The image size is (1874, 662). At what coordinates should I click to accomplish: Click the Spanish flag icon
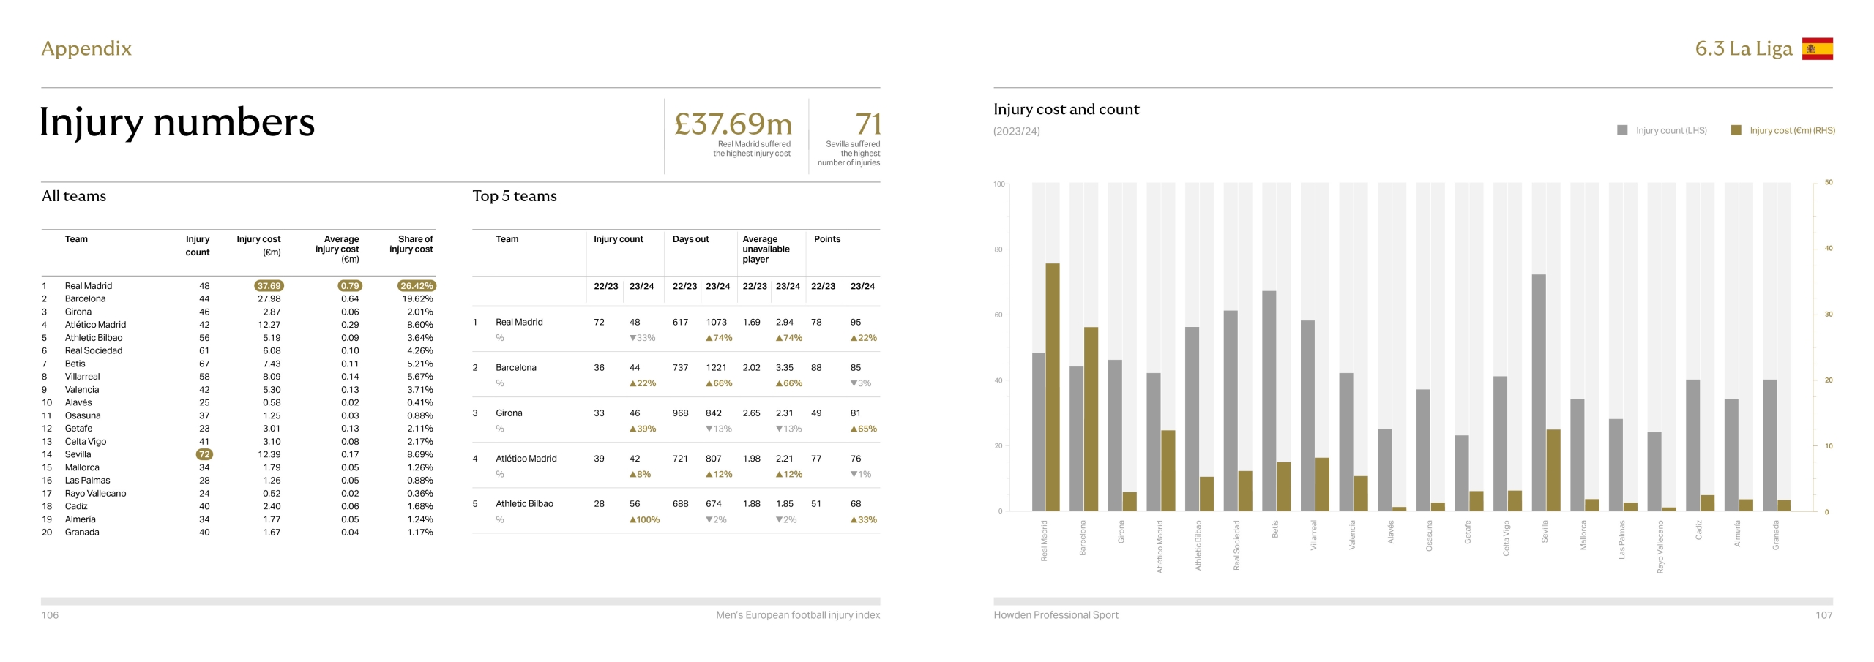click(x=1817, y=49)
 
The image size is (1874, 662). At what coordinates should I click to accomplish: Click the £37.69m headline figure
click(x=733, y=124)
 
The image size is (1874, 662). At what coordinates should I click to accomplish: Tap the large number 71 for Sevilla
click(x=867, y=124)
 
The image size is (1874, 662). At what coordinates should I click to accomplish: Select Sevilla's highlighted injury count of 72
click(x=204, y=454)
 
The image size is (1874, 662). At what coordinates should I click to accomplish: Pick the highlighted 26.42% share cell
click(x=417, y=286)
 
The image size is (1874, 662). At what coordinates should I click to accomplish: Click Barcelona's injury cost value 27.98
click(x=269, y=298)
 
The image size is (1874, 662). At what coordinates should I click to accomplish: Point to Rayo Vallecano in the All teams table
click(x=95, y=493)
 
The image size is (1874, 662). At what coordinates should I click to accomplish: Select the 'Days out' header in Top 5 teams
click(x=690, y=239)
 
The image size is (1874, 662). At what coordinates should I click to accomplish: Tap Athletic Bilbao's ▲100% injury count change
click(x=644, y=520)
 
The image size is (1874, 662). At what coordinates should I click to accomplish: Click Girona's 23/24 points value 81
click(x=856, y=413)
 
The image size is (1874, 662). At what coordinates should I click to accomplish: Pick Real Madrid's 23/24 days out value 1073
click(x=716, y=322)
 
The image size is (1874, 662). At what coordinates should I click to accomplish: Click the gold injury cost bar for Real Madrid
click(x=1053, y=387)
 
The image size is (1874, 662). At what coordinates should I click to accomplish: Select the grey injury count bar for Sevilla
click(x=1539, y=392)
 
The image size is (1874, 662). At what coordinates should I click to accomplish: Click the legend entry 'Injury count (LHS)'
click(x=1670, y=131)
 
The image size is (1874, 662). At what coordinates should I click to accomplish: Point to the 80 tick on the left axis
click(x=998, y=249)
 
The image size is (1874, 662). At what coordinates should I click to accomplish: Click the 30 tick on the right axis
click(x=1828, y=315)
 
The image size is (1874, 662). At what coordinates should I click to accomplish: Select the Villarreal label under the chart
click(x=1313, y=535)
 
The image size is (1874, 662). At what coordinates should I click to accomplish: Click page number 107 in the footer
click(x=1823, y=615)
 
